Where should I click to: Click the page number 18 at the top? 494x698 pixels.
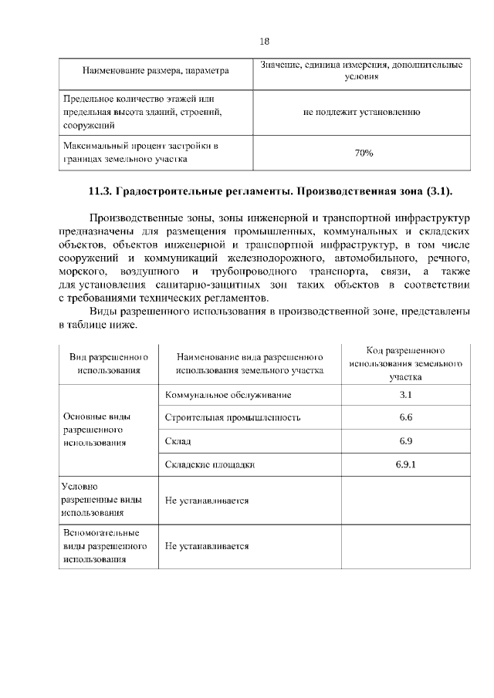265,42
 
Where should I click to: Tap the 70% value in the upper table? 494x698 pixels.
364,153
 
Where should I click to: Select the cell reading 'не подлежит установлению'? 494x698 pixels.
361,112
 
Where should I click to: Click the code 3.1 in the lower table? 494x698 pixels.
406,395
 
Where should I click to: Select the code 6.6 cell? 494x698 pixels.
406,417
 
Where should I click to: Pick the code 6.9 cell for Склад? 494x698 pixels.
406,440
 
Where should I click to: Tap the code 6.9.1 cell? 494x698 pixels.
406,464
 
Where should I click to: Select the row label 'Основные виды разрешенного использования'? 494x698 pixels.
93,430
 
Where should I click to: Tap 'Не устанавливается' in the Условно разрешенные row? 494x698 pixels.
207,500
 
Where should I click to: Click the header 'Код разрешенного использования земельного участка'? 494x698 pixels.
405,363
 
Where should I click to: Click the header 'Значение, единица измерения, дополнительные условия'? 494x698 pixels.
361,71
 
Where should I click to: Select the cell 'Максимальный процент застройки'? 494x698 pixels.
139,153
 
